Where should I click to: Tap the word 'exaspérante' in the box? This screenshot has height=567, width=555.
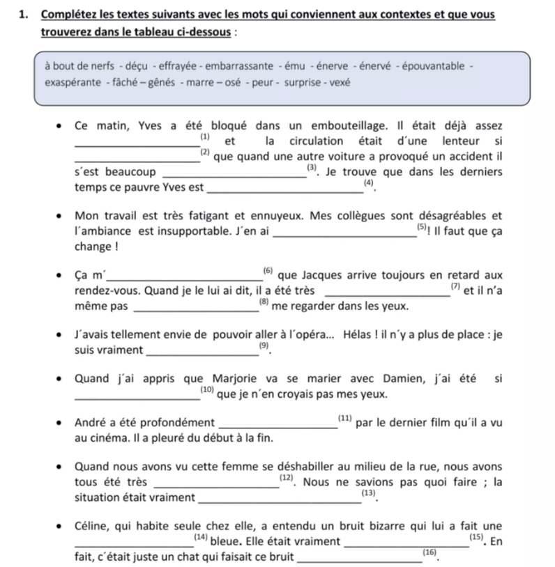[72, 83]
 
